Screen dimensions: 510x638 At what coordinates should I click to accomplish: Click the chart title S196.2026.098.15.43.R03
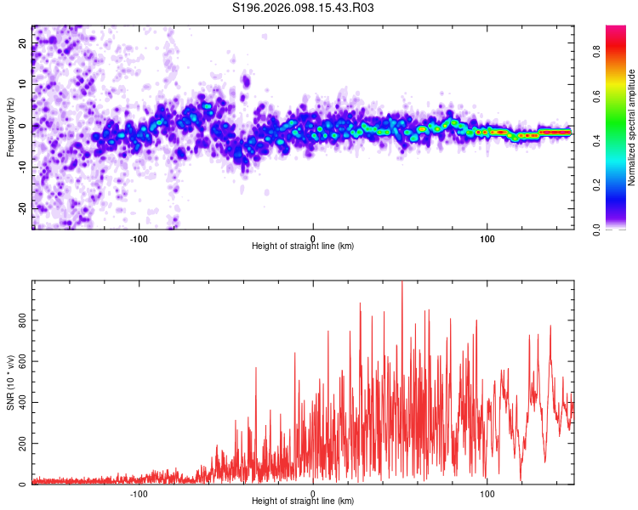pos(304,8)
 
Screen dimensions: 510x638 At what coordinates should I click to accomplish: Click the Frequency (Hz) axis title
pos(10,127)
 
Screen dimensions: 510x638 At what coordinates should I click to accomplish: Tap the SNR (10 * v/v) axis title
pos(10,382)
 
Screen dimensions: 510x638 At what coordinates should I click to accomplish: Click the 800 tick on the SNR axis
pos(20,320)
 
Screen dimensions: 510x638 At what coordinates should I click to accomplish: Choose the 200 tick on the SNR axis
pos(20,445)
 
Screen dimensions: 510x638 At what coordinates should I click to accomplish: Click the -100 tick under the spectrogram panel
pos(139,237)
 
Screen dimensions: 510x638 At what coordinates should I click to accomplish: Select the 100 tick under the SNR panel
pos(487,493)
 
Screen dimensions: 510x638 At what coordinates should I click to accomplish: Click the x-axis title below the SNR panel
pos(303,502)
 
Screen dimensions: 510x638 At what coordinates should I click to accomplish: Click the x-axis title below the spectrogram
pos(303,246)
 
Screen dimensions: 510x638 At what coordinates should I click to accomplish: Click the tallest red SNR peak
pos(402,283)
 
